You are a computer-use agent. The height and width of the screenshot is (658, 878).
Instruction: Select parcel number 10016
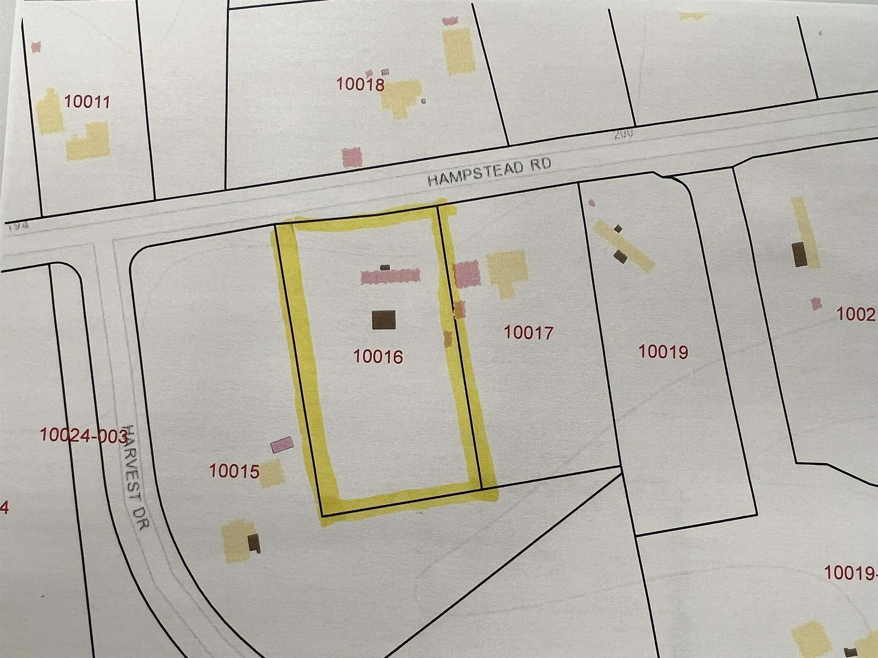tap(378, 357)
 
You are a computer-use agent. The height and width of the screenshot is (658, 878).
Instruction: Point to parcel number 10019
tap(663, 352)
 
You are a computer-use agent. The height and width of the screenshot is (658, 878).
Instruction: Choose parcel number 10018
tap(361, 84)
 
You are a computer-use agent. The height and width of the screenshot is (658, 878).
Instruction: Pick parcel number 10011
tap(87, 101)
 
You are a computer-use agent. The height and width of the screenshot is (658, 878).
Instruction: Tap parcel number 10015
tap(234, 472)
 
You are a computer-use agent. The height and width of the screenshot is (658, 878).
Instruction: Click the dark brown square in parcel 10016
tap(384, 320)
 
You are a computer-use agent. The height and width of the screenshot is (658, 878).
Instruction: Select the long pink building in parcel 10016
tap(390, 276)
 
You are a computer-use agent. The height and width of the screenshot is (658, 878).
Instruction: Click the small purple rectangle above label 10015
tap(282, 445)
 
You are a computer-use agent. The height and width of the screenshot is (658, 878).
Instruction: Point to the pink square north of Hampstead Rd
tap(352, 156)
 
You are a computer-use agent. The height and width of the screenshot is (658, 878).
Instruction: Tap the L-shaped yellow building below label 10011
tap(88, 139)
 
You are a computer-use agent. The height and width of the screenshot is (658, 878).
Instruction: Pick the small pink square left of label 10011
tap(36, 48)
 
